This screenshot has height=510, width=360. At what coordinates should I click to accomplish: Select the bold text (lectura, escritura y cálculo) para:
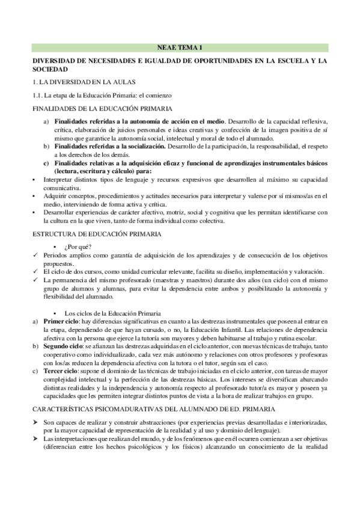[102, 171]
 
